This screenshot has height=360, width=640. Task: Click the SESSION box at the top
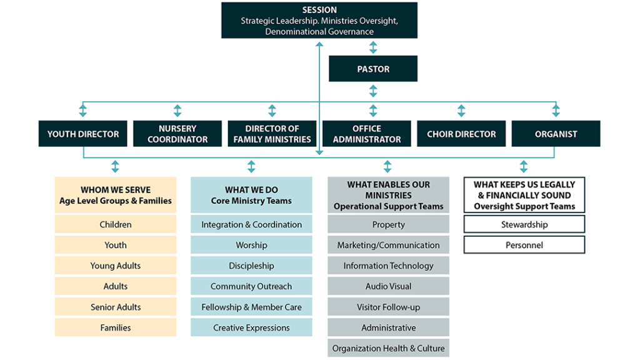(319, 20)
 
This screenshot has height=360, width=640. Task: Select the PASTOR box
(373, 69)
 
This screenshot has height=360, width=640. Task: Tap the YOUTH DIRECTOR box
(82, 134)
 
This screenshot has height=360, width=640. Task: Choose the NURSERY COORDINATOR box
(177, 134)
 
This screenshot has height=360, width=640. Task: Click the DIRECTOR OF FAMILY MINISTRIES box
(272, 134)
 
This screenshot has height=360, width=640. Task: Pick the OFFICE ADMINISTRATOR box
(367, 134)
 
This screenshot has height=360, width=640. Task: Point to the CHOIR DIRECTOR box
(461, 134)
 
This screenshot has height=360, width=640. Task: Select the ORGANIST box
(556, 134)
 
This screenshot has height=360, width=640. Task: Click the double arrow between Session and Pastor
(373, 47)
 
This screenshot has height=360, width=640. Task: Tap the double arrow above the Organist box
(556, 111)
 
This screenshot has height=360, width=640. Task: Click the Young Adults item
(116, 266)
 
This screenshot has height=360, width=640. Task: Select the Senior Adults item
(116, 307)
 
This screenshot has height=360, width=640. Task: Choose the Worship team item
(251, 245)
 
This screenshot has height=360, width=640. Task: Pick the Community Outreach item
(251, 286)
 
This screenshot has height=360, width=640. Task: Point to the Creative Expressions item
(251, 327)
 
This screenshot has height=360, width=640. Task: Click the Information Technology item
(388, 266)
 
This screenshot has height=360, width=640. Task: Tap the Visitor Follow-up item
(388, 307)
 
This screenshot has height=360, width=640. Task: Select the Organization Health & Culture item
(388, 348)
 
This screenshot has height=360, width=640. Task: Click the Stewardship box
(524, 224)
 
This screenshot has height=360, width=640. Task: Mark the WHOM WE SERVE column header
(116, 195)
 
